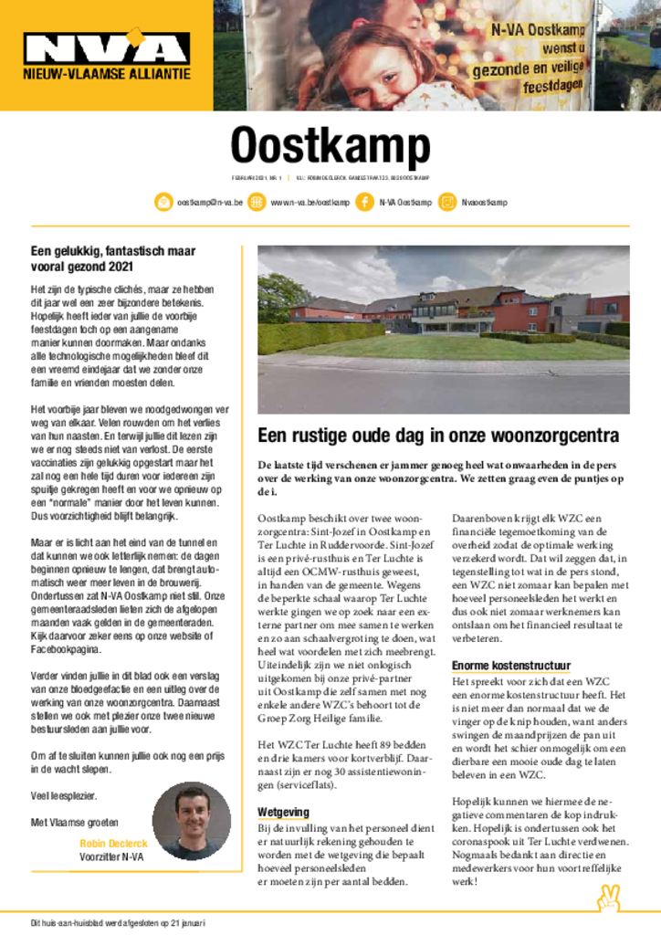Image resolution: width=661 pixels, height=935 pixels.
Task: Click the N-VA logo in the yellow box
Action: click(107, 47)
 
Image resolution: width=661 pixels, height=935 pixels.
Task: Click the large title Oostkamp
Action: click(330, 145)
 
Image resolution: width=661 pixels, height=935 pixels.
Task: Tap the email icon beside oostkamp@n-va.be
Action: click(163, 201)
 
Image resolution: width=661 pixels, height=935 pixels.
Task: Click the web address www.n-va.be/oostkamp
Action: click(310, 201)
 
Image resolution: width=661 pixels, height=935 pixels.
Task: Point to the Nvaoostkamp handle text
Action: click(484, 201)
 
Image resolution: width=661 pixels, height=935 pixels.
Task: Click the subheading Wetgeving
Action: click(282, 812)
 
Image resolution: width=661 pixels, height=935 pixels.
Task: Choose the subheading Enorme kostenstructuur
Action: click(511, 666)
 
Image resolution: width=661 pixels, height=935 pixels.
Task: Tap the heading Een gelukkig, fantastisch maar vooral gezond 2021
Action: click(113, 258)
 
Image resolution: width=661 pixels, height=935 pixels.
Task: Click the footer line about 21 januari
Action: click(113, 922)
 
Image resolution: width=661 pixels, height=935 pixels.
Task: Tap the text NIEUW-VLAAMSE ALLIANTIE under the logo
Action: click(107, 73)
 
